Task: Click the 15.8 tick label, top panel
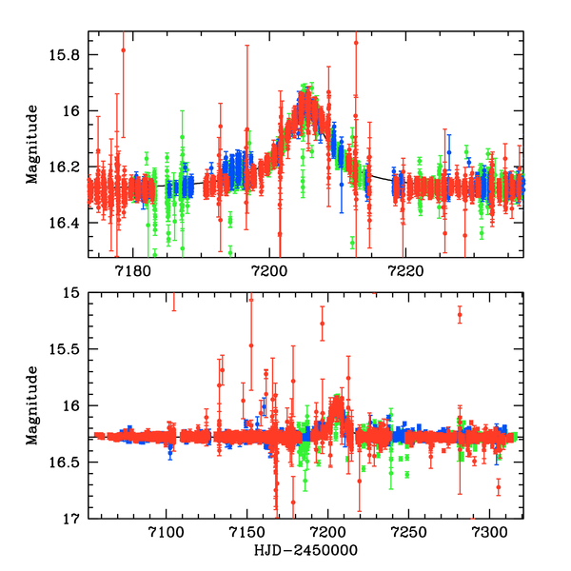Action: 68,55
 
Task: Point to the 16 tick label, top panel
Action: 73,111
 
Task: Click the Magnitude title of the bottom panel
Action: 31,406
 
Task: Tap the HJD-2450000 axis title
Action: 305,550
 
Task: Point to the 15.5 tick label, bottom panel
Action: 68,350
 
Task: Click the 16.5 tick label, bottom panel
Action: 68,463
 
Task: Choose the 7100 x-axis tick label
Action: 167,532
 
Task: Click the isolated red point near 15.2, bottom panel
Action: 460,314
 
